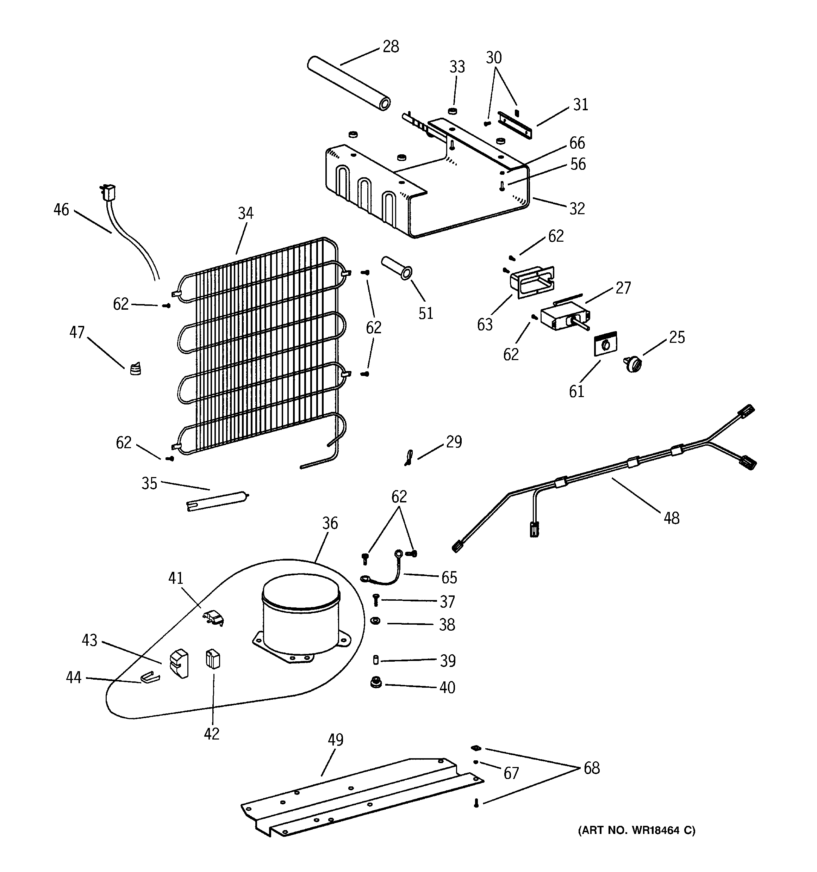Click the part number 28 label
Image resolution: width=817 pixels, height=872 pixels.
tap(391, 47)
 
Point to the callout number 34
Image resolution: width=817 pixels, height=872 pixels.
tap(245, 214)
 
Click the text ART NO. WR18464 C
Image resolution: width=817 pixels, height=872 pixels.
tap(637, 830)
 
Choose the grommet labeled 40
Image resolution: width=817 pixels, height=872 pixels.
tap(375, 682)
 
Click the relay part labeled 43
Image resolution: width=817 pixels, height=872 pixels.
tap(179, 663)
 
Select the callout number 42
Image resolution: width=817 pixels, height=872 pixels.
tap(211, 734)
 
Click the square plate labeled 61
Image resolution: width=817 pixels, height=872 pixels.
tap(606, 343)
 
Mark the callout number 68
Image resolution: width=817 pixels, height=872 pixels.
tap(591, 768)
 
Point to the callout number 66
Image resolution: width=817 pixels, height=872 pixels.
tap(577, 143)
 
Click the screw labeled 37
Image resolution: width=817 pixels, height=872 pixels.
tap(376, 599)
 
